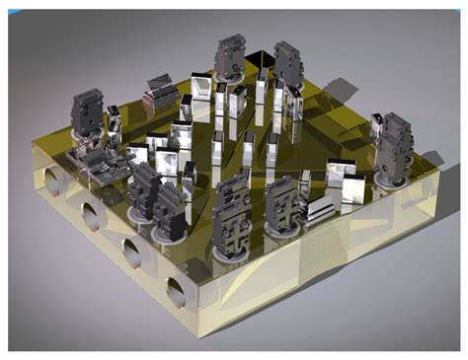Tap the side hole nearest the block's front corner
point(177,292)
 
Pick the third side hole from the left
point(130,252)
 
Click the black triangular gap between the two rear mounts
point(259,61)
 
